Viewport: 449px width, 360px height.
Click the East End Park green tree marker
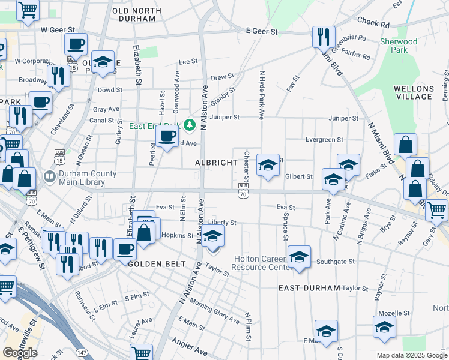click(190, 125)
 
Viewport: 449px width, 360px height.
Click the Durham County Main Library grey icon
click(48, 177)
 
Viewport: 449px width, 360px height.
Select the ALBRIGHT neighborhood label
click(216, 163)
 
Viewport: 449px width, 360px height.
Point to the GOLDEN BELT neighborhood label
click(151, 263)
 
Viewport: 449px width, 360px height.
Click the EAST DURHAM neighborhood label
click(309, 288)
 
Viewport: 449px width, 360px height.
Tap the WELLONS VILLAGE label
click(414, 92)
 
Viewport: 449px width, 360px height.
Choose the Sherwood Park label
click(399, 46)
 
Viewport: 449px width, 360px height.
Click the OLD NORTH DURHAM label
click(137, 15)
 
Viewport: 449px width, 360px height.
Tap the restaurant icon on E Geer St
click(324, 37)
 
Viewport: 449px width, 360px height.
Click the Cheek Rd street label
click(373, 22)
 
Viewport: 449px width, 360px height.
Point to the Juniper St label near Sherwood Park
click(343, 119)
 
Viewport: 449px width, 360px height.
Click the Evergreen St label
click(324, 140)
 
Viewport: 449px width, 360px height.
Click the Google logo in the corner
click(20, 352)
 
